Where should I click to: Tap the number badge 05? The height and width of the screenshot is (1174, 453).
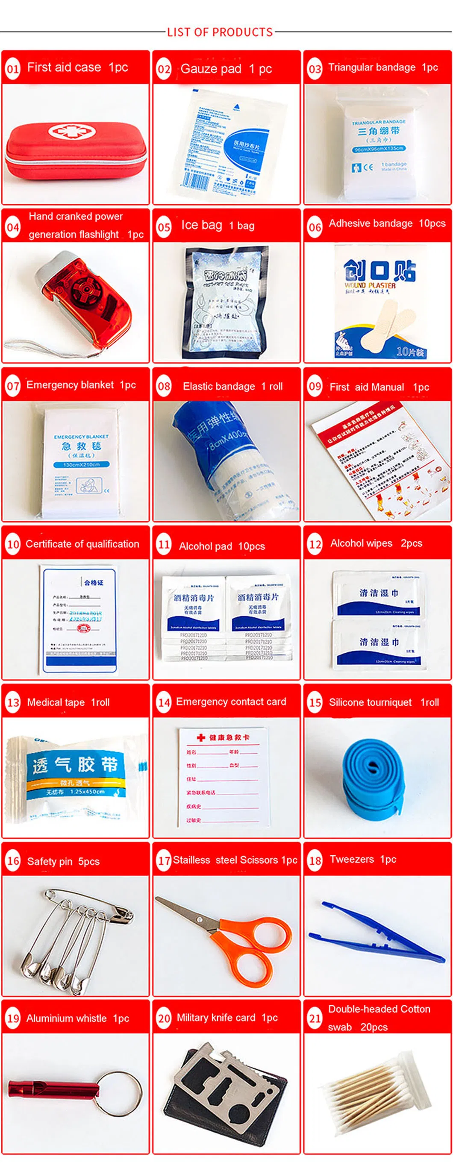click(164, 226)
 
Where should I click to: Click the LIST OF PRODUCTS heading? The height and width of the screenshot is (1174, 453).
click(220, 32)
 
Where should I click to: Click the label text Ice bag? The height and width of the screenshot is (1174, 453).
click(201, 225)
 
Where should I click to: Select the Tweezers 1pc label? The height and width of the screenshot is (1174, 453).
click(363, 859)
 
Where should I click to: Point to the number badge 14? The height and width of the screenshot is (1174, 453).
click(164, 702)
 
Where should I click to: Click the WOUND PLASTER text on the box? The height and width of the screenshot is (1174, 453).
click(370, 285)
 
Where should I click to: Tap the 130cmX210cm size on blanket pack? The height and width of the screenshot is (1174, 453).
click(81, 464)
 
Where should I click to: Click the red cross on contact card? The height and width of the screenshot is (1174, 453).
click(201, 737)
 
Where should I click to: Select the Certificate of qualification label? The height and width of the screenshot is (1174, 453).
click(82, 544)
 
